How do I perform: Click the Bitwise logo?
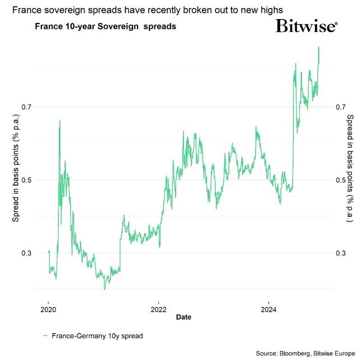pos(306,26)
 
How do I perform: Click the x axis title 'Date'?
pos(183,317)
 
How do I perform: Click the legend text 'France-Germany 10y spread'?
pos(97,336)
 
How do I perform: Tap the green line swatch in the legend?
pos(45,336)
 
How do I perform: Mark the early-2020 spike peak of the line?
pos(60,121)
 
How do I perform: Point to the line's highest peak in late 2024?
pos(318,48)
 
